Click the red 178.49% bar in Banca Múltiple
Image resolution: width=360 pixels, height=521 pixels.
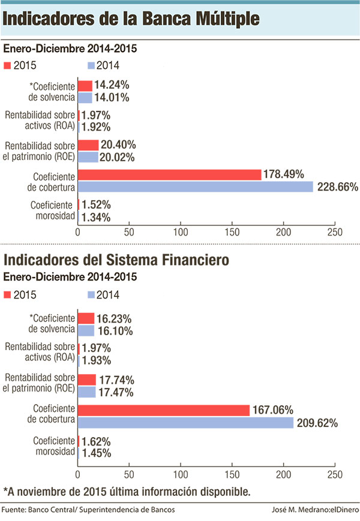tap(169, 174)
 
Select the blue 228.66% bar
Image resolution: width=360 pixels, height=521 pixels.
tap(196, 186)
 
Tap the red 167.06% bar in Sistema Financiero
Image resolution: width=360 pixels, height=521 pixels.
tap(163, 410)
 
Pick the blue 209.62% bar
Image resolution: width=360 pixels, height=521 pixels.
tap(185, 423)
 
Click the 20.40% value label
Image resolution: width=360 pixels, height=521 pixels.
tap(118, 144)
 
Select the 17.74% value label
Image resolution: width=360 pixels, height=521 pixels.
tap(116, 380)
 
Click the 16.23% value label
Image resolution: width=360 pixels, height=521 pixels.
tap(115, 318)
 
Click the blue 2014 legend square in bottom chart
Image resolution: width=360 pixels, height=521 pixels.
tap(92, 294)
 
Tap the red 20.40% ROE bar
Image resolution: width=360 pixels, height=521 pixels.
tap(88, 144)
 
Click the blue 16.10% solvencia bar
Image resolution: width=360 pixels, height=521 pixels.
tap(86, 330)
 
